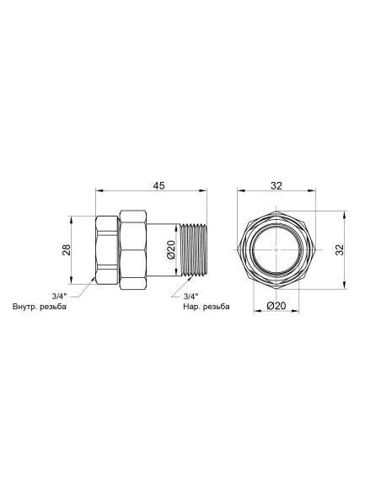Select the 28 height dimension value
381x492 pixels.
point(66,249)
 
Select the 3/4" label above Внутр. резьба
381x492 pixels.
point(60,295)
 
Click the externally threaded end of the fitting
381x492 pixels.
point(190,250)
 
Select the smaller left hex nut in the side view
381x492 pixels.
point(108,250)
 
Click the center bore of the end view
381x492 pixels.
point(276,250)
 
